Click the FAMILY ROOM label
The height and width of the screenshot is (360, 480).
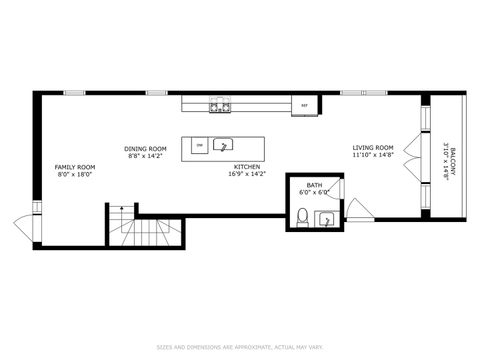tap(75, 166)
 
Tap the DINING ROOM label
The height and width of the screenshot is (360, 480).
tap(145, 148)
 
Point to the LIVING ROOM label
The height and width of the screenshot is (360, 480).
tap(371, 148)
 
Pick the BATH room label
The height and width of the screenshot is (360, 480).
tap(314, 185)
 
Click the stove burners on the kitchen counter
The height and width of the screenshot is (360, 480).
tap(220, 103)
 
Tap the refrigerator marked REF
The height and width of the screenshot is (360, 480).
tap(305, 103)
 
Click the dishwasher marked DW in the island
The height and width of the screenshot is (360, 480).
tap(199, 146)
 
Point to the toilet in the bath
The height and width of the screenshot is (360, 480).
tap(302, 217)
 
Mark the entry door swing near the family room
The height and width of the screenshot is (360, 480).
tap(22, 223)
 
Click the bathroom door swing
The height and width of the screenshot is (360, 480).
tap(339, 188)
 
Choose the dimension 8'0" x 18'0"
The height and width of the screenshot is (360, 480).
tap(75, 174)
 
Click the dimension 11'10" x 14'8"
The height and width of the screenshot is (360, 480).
tap(371, 156)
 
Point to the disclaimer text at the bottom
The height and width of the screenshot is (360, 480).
tap(239, 347)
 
